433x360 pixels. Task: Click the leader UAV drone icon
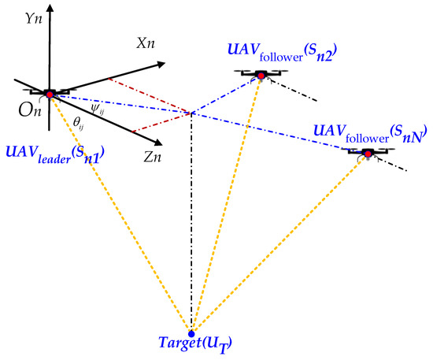[x=50, y=94]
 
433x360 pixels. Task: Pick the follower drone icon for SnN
[x=368, y=151]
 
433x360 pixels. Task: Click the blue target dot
[x=191, y=333]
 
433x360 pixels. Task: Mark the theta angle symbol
[x=78, y=123]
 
